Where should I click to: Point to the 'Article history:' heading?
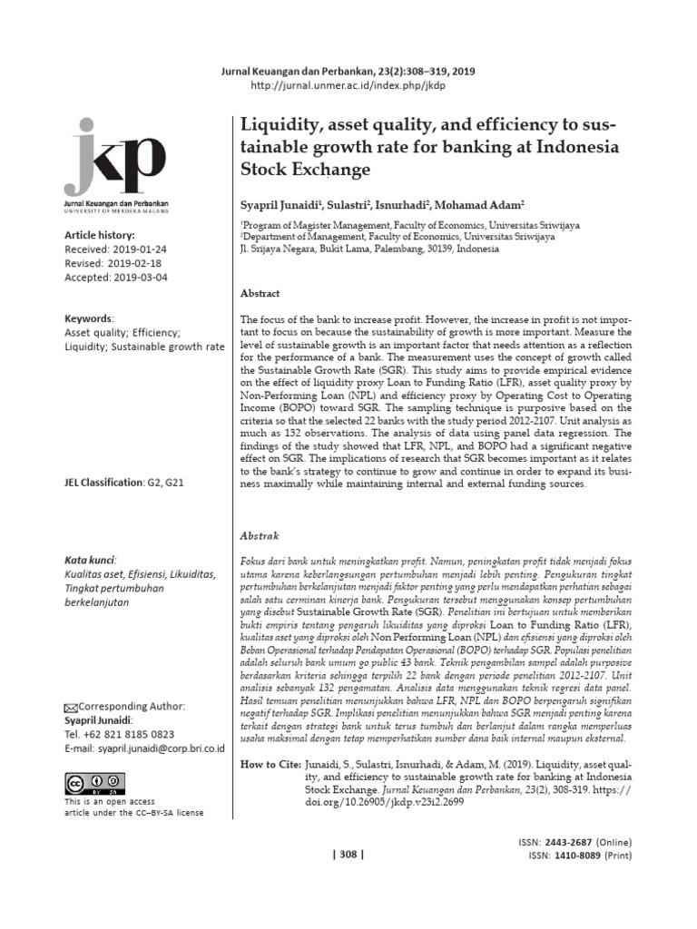pos(99,235)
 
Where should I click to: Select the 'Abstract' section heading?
pos(260,294)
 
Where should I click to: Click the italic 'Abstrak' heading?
pos(259,536)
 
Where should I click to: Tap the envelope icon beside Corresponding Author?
pos(71,708)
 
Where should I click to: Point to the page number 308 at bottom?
pos(348,855)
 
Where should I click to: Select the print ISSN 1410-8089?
pos(575,856)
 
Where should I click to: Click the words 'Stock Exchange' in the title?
pos(305,170)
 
